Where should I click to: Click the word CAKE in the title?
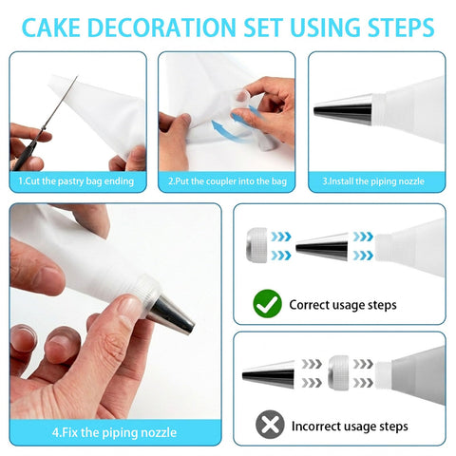(x=51, y=28)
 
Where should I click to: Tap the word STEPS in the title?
(x=401, y=28)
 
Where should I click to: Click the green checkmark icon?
(x=267, y=304)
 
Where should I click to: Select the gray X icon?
(x=270, y=425)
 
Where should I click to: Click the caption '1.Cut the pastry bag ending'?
(x=76, y=181)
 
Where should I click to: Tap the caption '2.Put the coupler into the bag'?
(x=227, y=181)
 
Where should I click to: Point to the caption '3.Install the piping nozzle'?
(x=373, y=181)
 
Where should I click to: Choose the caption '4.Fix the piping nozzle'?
(x=114, y=432)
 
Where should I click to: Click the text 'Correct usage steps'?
(x=343, y=305)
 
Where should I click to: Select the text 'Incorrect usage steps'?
(x=350, y=427)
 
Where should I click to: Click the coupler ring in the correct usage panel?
(x=256, y=245)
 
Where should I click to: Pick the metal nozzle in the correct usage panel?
(x=322, y=247)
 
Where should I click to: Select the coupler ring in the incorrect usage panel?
(x=338, y=372)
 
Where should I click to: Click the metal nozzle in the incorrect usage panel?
(x=269, y=375)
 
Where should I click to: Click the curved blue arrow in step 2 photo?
(x=226, y=130)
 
